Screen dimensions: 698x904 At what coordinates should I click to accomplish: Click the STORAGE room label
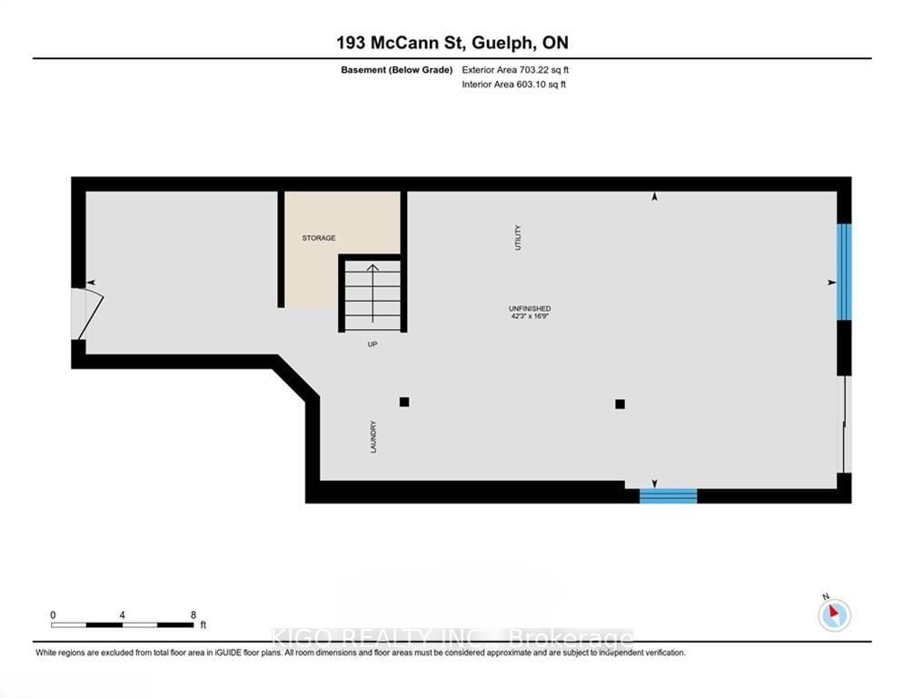[319, 238]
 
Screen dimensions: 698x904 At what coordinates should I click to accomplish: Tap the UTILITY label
[519, 237]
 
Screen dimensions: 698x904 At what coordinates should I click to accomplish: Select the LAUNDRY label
[373, 437]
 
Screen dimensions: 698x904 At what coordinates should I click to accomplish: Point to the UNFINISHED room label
[530, 309]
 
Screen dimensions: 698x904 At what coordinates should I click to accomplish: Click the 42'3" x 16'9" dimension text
[530, 317]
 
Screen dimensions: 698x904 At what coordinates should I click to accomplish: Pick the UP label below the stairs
[373, 344]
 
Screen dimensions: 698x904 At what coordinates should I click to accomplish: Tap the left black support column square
[404, 402]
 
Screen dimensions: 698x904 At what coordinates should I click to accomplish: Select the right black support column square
[620, 404]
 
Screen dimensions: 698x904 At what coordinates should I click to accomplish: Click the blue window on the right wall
[844, 272]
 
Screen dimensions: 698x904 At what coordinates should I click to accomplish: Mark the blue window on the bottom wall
[668, 496]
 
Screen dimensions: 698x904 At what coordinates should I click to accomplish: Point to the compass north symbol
[833, 614]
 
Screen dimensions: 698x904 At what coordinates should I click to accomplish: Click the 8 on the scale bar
[194, 614]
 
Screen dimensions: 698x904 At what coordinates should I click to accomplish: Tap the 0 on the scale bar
[53, 614]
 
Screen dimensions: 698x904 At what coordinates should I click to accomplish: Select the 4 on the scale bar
[122, 614]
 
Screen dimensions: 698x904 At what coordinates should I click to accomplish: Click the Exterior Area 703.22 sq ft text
[516, 69]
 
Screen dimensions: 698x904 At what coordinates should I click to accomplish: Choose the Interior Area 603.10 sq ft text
[516, 85]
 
